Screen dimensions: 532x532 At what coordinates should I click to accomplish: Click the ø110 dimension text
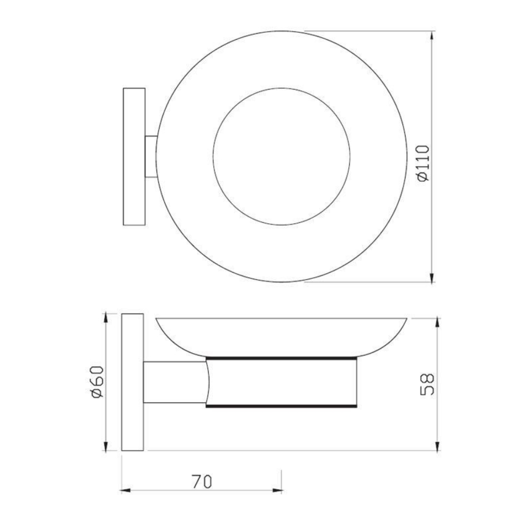(x=423, y=163)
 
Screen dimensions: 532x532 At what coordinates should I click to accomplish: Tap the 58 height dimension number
(x=427, y=384)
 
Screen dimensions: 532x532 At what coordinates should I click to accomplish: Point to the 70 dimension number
(x=202, y=482)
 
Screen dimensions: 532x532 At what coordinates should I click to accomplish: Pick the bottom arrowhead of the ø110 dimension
(x=432, y=278)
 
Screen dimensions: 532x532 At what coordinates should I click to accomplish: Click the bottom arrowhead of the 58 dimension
(x=438, y=447)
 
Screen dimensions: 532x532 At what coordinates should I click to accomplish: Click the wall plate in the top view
(x=134, y=156)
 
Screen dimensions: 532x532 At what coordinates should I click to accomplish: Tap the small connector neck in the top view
(x=151, y=156)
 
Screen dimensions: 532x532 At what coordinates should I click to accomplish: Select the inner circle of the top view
(x=282, y=156)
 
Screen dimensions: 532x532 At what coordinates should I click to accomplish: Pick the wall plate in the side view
(x=132, y=382)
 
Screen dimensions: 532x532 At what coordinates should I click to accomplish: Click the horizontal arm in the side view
(x=174, y=382)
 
